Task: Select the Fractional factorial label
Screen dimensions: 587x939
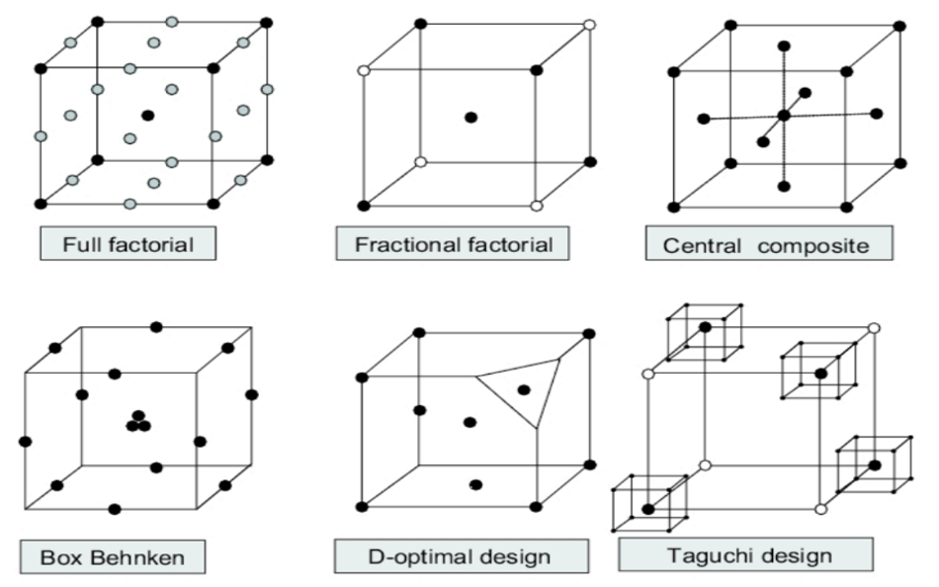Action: pos(452,244)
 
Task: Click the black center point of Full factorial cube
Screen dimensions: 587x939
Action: pos(147,116)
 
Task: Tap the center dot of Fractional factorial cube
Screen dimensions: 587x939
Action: pos(470,117)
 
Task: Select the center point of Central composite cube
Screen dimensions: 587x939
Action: pos(784,116)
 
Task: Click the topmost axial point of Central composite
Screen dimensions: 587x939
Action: pos(784,45)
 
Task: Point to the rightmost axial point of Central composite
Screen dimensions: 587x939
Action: pos(877,114)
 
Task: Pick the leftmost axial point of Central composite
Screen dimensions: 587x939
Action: pos(703,119)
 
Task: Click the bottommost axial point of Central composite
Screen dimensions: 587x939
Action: pos(784,186)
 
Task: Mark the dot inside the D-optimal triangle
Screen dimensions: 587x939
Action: pos(523,389)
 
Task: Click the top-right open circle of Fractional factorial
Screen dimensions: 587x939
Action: pos(590,24)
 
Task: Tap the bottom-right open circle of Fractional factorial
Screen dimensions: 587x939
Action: pos(536,206)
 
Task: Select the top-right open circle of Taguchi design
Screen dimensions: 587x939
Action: pos(873,328)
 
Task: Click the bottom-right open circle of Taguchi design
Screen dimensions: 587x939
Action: pos(820,509)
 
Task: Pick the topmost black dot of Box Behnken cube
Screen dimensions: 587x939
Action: pos(156,327)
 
